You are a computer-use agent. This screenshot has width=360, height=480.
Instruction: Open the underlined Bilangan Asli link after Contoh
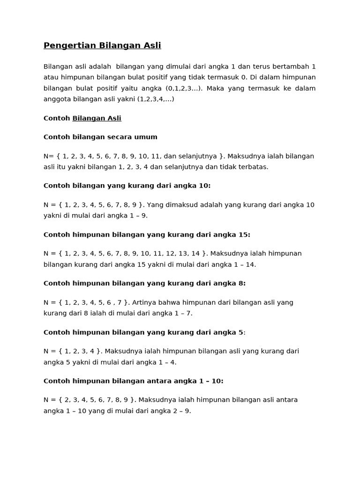point(97,118)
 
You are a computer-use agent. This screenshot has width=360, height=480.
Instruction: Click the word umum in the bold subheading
point(147,137)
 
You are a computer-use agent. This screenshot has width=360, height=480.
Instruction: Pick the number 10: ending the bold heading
point(204,186)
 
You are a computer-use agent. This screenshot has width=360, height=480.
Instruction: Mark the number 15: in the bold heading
point(244,234)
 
